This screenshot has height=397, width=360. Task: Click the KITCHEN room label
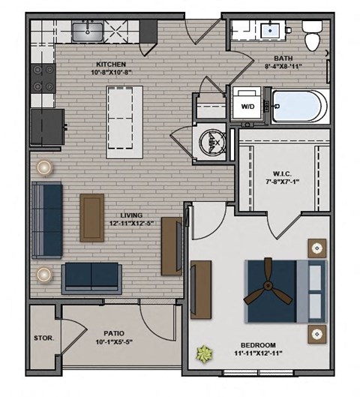coord(110,65)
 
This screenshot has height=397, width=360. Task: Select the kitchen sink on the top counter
coord(91,32)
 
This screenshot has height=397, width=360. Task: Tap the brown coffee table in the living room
coord(92,217)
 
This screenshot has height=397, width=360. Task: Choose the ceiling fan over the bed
coord(267,291)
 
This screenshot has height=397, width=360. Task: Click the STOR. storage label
coord(43,338)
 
